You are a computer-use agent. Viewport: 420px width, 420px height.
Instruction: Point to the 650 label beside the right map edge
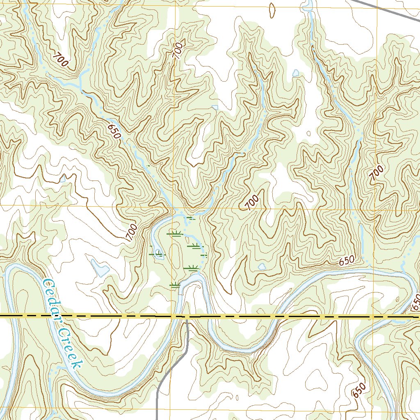[415, 303]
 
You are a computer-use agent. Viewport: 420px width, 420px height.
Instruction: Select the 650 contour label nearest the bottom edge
[358, 390]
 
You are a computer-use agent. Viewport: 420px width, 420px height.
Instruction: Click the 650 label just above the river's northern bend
[347, 260]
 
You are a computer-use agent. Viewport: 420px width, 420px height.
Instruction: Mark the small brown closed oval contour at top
[272, 10]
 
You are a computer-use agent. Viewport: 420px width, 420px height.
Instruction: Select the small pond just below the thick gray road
[296, 73]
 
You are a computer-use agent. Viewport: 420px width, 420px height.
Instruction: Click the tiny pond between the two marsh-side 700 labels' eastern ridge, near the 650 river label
[262, 267]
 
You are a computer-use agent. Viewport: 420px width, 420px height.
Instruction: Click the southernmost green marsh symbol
[175, 285]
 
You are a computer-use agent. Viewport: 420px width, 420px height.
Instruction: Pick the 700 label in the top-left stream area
[60, 60]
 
